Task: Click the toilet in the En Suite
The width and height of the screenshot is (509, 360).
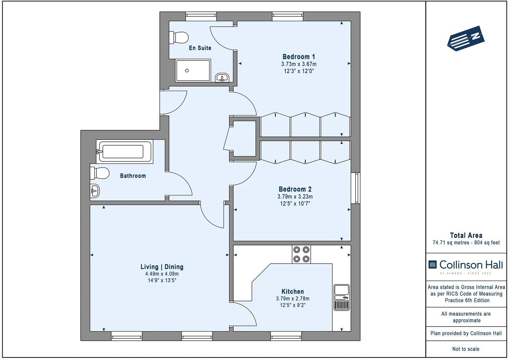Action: pyautogui.click(x=179, y=37)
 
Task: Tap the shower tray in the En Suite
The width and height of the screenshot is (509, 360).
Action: pyautogui.click(x=193, y=70)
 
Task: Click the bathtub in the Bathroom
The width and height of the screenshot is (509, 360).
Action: pyautogui.click(x=125, y=151)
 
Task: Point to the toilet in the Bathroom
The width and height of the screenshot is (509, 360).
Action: pyautogui.click(x=100, y=173)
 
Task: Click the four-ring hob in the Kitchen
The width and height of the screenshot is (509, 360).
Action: pyautogui.click(x=301, y=254)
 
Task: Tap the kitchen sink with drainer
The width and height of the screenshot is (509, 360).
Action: pyautogui.click(x=341, y=297)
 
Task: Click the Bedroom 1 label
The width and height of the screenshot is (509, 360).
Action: pyautogui.click(x=299, y=57)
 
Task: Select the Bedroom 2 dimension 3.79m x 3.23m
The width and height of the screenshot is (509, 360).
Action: pyautogui.click(x=295, y=196)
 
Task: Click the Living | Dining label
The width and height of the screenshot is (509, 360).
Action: pyautogui.click(x=162, y=267)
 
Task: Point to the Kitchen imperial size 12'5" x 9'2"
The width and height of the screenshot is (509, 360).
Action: pyautogui.click(x=292, y=305)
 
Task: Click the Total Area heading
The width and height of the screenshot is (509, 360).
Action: pyautogui.click(x=466, y=235)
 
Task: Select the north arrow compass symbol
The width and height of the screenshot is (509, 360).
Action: pyautogui.click(x=466, y=38)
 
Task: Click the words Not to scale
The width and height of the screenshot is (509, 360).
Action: pyautogui.click(x=466, y=349)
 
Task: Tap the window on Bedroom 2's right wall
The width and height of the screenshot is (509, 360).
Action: pyautogui.click(x=356, y=188)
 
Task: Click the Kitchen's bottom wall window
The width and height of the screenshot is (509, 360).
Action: pyautogui.click(x=286, y=336)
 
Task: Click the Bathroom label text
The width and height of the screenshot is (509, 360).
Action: pyautogui.click(x=133, y=176)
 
